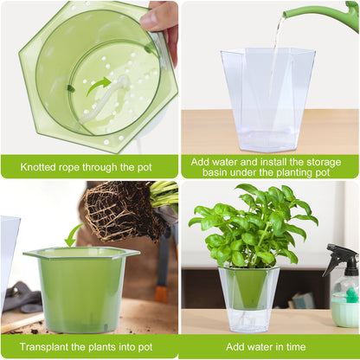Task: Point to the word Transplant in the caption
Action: (x=42, y=346)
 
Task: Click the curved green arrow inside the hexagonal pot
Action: (x=98, y=84)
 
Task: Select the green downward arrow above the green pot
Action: (x=73, y=235)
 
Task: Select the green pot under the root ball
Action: (x=82, y=286)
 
